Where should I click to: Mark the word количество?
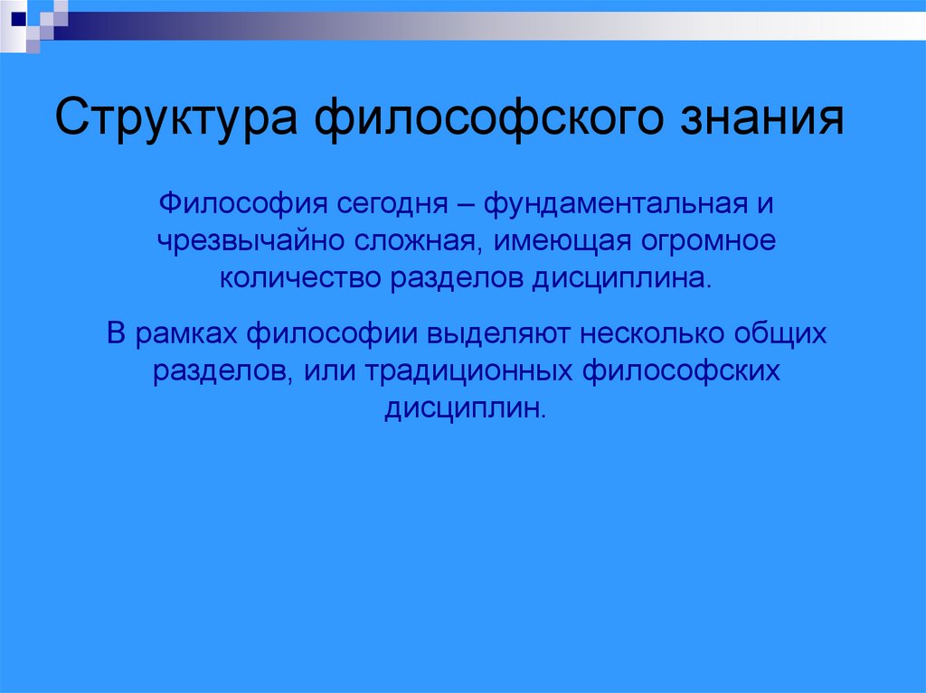point(300,278)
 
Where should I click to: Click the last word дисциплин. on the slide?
point(466,409)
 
